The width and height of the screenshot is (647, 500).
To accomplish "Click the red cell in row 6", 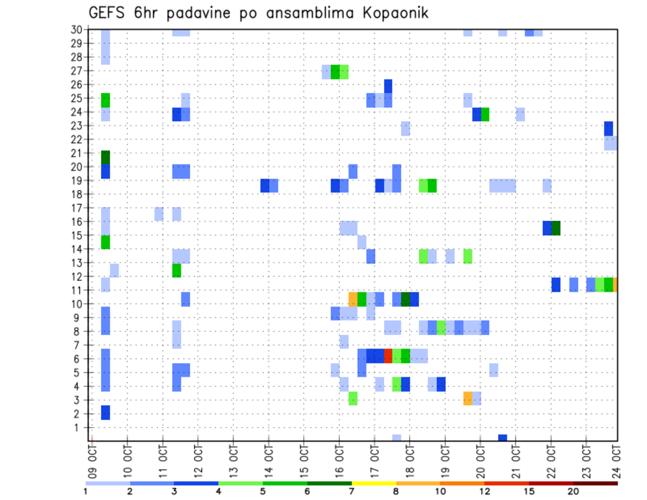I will [388, 356].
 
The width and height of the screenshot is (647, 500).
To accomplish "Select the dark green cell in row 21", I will [105, 157].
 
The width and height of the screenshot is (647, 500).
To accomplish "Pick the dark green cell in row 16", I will [556, 228].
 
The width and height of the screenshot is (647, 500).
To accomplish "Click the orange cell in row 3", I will [468, 398].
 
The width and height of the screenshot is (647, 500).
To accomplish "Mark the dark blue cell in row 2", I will [105, 412].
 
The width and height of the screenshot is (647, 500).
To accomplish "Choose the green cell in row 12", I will [177, 270].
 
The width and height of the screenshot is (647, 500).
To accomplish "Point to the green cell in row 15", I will [105, 242].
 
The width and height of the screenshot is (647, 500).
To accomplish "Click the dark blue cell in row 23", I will [609, 128].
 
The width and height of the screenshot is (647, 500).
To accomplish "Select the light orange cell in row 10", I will [352, 299].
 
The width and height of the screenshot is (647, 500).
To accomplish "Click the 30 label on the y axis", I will [76, 29].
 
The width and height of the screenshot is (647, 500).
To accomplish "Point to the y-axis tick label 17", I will [76, 208].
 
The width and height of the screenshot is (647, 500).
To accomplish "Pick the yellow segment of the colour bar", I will [374, 483].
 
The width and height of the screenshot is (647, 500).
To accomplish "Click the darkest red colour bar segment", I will [595, 483].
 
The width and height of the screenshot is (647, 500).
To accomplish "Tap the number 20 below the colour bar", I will [573, 492].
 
